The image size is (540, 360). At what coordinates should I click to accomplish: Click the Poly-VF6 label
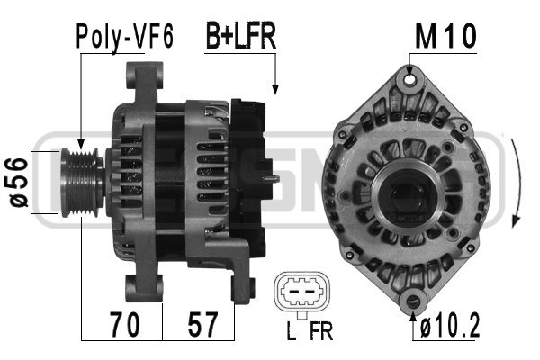tap(123, 37)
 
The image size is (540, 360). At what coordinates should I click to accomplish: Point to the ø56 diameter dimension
tap(16, 183)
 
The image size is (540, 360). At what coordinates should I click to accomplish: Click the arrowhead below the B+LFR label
tap(275, 89)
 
